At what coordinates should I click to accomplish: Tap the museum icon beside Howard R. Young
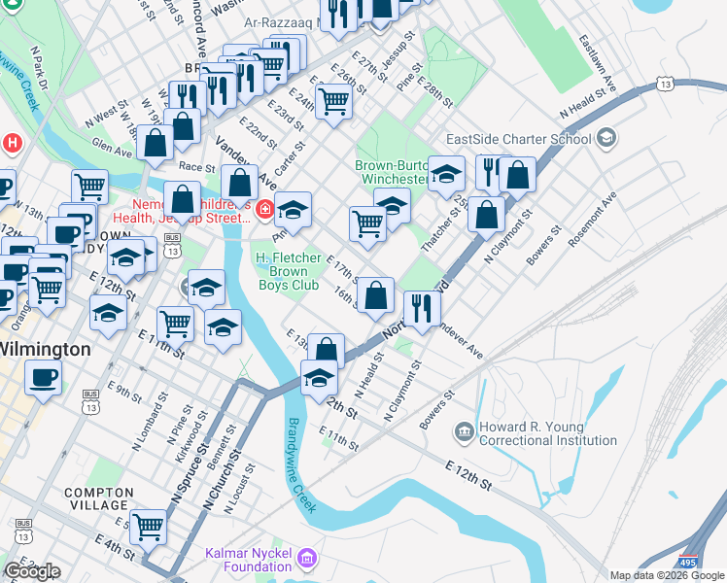[463, 429]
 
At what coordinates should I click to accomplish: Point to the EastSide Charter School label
[518, 139]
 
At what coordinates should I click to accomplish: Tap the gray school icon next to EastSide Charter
[606, 137]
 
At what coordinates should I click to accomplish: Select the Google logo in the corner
[32, 571]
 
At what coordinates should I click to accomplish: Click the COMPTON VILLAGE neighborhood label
[97, 498]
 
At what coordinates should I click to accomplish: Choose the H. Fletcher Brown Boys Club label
[287, 271]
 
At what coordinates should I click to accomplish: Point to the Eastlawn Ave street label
[600, 60]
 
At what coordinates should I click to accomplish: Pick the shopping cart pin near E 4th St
[149, 528]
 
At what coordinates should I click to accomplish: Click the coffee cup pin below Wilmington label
[43, 377]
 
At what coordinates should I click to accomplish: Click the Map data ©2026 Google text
[667, 575]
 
